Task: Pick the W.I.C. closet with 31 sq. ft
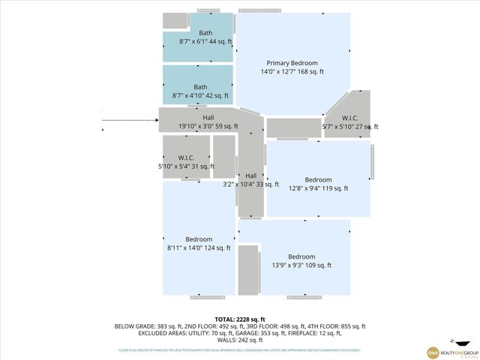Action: (x=186, y=160)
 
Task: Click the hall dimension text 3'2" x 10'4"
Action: (x=250, y=184)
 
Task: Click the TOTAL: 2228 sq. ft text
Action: (x=240, y=319)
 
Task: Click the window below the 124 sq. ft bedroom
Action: (x=207, y=297)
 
